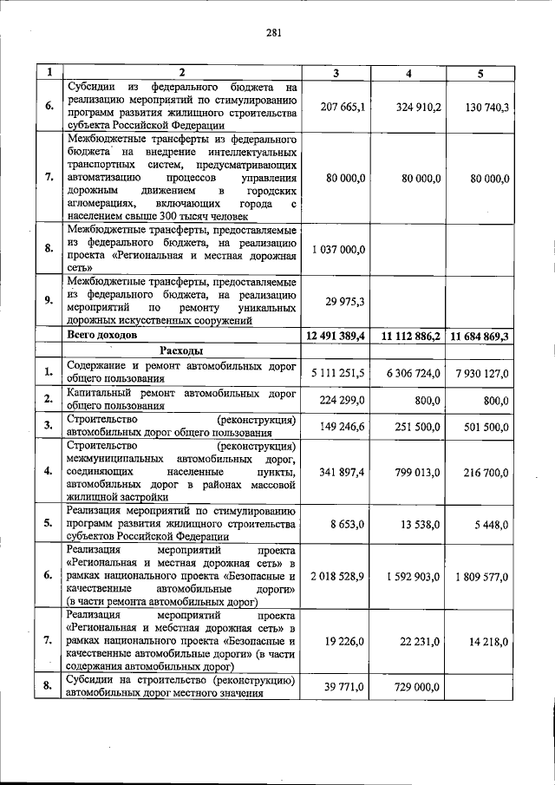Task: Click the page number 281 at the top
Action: pos(274,34)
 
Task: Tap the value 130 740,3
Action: pos(480,106)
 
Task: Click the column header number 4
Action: pos(408,73)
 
